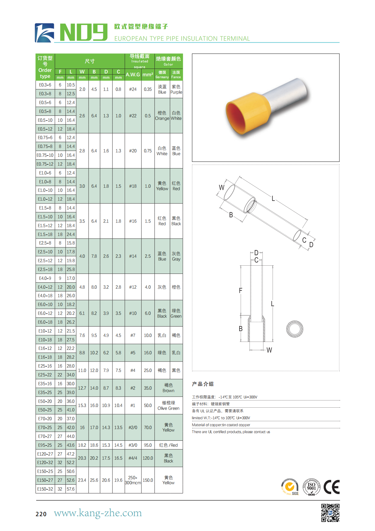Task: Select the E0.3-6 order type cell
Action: click(45, 85)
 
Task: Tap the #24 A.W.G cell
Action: click(133, 89)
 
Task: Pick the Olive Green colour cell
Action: click(168, 405)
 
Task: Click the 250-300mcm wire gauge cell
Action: click(133, 480)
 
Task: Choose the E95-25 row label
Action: click(45, 445)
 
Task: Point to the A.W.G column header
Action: click(133, 75)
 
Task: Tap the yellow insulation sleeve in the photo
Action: click(247, 113)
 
